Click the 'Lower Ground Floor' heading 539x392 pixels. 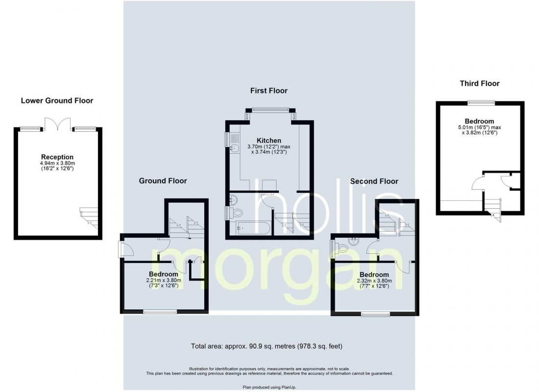57,101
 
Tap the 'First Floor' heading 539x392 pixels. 269,91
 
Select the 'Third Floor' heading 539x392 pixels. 480,84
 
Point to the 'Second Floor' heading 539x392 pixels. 374,181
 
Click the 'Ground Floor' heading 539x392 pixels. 163,181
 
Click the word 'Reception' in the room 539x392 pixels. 57,157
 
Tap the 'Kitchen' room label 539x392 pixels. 269,140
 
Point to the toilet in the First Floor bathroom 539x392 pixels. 235,213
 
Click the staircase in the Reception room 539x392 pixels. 89,218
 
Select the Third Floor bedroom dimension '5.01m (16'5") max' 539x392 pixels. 479,127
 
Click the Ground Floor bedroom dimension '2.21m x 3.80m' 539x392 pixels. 163,280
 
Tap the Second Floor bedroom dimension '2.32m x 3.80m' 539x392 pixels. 374,281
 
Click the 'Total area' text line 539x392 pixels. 267,346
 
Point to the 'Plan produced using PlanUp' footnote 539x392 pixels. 269,387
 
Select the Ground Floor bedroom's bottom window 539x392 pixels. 160,312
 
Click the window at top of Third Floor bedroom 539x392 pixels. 481,102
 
